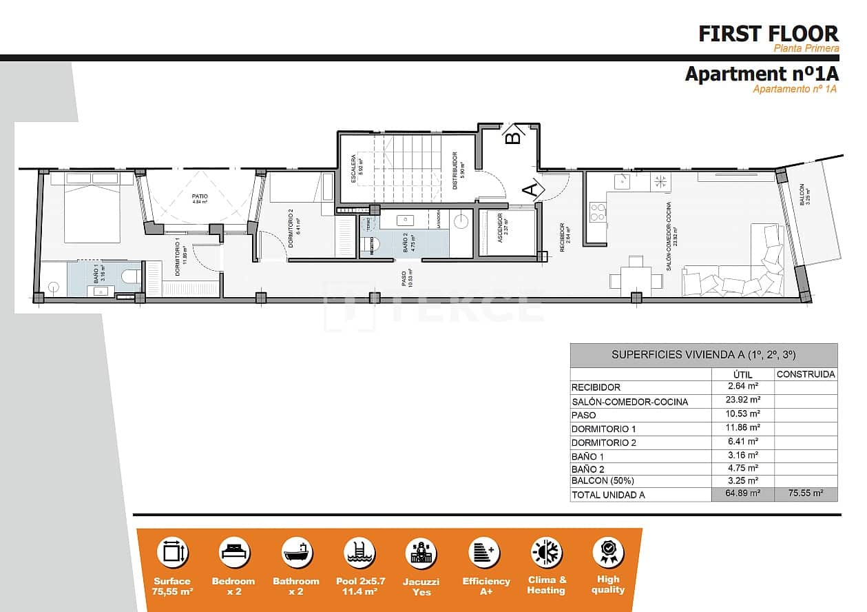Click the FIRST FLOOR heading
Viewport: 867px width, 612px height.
coord(769,33)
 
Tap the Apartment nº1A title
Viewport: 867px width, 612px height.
coord(761,74)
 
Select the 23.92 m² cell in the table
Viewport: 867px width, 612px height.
coord(744,400)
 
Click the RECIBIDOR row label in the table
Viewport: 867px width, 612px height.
coord(596,387)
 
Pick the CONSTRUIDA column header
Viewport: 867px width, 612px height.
coord(806,374)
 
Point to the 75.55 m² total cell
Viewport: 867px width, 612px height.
coord(806,494)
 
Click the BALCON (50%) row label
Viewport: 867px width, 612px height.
coord(603,480)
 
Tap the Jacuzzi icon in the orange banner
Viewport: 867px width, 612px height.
coord(421,553)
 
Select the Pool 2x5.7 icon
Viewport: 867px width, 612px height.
coord(359,553)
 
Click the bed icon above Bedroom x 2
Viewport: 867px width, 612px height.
coord(234,553)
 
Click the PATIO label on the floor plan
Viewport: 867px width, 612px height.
coord(200,196)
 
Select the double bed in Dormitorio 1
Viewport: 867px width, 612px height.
coord(92,207)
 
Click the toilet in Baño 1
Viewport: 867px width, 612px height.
coord(130,276)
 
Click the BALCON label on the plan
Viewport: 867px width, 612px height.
coord(802,195)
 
